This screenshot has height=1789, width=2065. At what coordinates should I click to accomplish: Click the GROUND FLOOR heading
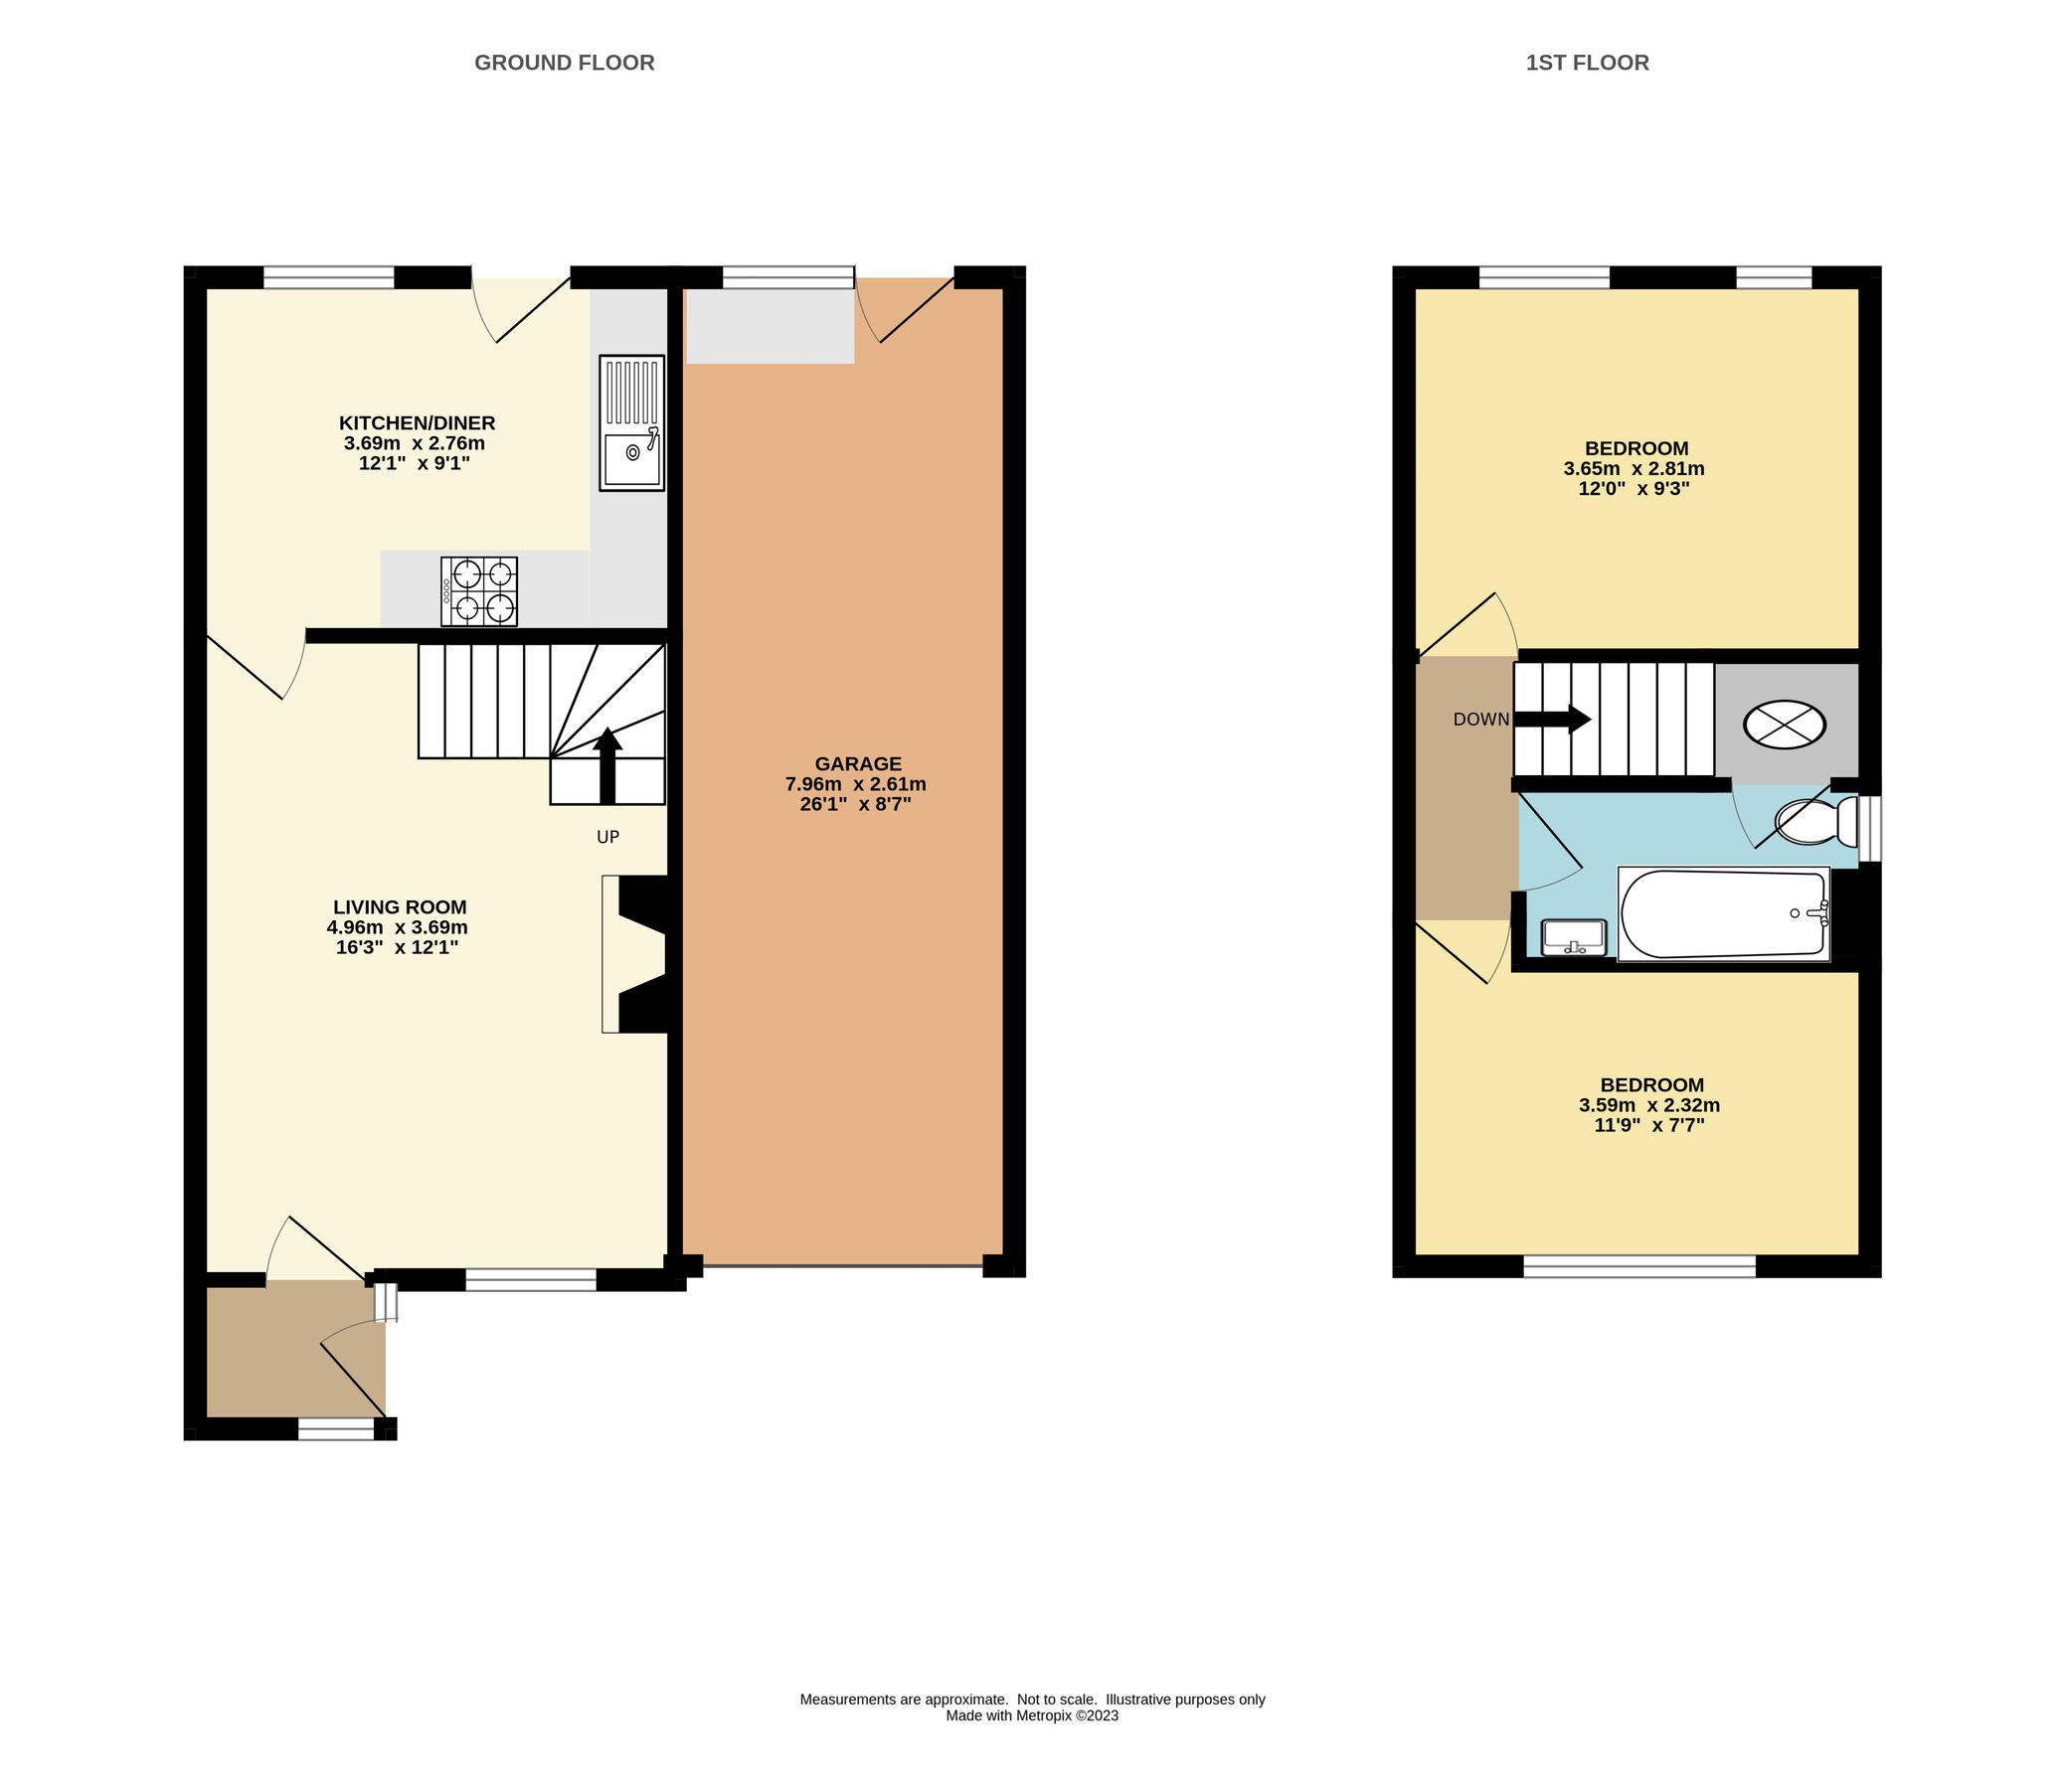tap(564, 63)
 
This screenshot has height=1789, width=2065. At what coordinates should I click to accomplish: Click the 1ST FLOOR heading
tap(1587, 63)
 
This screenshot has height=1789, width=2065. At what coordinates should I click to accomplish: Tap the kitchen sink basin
tap(632, 454)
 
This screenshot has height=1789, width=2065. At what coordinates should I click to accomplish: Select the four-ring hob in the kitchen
tap(479, 591)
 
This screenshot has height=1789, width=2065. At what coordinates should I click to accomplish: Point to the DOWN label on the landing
tap(1480, 719)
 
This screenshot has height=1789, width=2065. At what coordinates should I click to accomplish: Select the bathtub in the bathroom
tap(1723, 914)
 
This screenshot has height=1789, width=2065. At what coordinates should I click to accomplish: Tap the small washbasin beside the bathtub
tap(1574, 937)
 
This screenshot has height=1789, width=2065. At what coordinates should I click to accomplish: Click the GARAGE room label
tap(858, 763)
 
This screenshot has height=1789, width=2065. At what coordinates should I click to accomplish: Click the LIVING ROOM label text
tap(400, 907)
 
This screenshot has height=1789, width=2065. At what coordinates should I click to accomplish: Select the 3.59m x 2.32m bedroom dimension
tap(1648, 1105)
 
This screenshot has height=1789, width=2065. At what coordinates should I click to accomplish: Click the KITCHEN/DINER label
tap(417, 423)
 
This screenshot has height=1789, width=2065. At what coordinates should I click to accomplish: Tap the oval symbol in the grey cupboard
tap(1785, 723)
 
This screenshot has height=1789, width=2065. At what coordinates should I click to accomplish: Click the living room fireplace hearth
tap(610, 953)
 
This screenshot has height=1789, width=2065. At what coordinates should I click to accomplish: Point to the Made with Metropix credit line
tap(1031, 1716)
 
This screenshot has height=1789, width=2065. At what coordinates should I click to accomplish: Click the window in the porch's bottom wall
tap(335, 1429)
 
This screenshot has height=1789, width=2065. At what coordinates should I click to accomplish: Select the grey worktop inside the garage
tap(770, 325)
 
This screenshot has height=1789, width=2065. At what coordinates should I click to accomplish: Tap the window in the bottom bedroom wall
tap(1638, 1266)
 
